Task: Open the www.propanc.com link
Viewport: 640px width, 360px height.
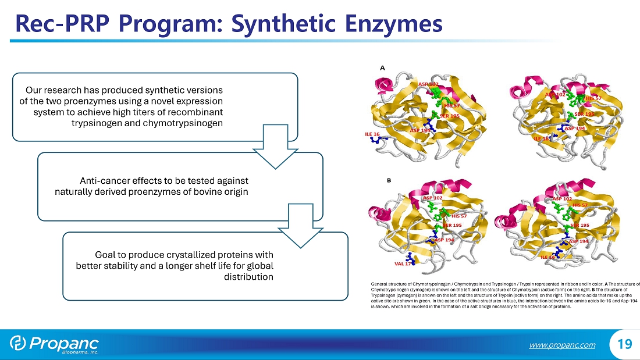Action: coord(562,345)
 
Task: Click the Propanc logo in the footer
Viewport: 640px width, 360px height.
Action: coord(55,344)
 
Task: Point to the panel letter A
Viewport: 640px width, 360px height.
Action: coord(382,67)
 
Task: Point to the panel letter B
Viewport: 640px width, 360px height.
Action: coord(388,180)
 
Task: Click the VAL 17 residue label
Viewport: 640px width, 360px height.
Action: coord(403,263)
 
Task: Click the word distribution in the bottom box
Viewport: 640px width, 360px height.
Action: coord(248,276)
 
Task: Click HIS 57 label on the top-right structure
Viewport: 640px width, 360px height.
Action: coord(593,98)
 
